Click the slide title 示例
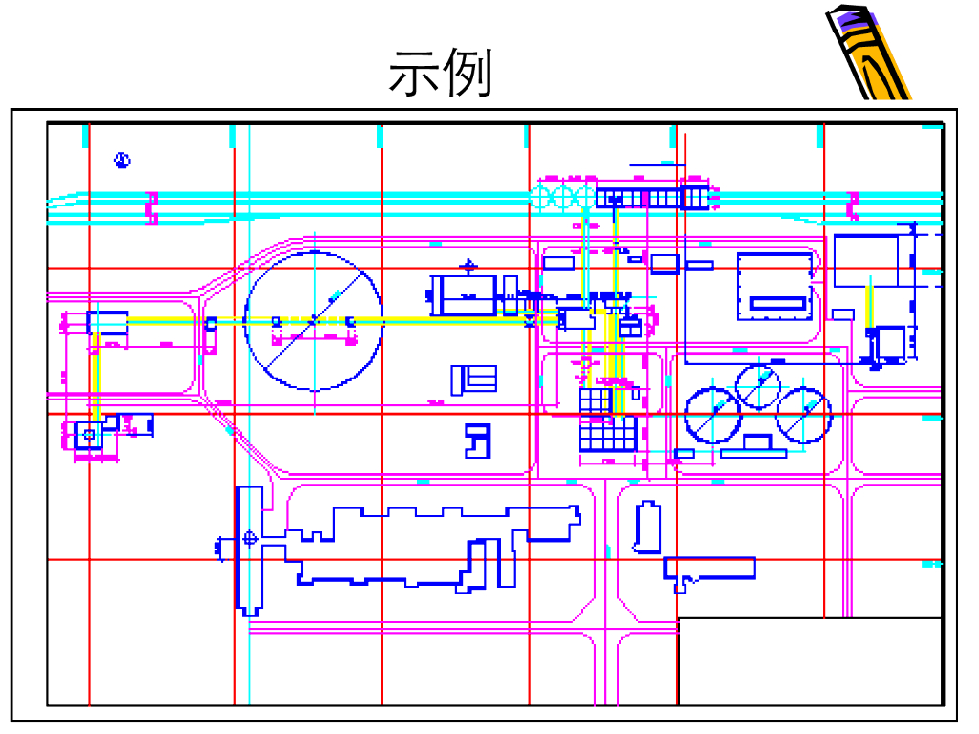tap(440, 75)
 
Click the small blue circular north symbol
tap(121, 161)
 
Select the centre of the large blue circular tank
tap(314, 320)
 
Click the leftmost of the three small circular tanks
tap(712, 414)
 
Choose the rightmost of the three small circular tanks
tap(804, 415)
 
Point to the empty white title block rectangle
tap(810, 661)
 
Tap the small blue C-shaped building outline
tap(475, 440)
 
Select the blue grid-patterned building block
tap(607, 421)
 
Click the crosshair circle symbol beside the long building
tap(250, 538)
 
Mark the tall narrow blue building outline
tap(647, 528)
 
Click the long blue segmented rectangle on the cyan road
tap(655, 198)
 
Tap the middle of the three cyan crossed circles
tap(565, 198)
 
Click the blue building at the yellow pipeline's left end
tap(108, 321)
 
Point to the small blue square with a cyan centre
tap(89, 435)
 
